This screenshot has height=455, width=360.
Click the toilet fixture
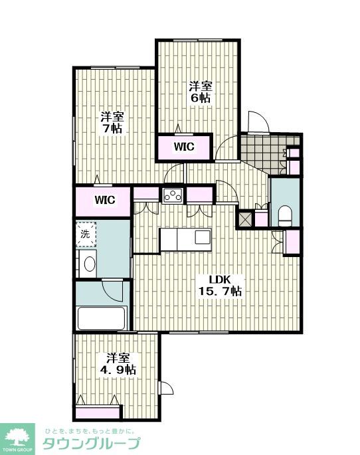(x=284, y=216)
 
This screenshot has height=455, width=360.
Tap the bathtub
(x=101, y=318)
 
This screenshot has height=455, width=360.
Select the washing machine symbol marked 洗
(x=86, y=234)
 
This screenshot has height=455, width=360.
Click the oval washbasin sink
(x=90, y=264)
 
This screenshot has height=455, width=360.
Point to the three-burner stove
(x=173, y=195)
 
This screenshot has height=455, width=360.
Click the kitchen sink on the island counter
(x=203, y=236)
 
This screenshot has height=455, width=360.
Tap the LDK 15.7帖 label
(x=220, y=285)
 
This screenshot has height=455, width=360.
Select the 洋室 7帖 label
(x=112, y=123)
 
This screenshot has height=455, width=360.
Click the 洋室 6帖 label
(x=201, y=92)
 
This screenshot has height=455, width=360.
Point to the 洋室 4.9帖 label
(x=118, y=364)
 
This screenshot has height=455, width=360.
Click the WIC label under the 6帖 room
(x=184, y=147)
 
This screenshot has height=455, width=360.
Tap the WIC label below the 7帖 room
(x=105, y=200)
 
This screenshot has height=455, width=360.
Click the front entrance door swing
(x=258, y=122)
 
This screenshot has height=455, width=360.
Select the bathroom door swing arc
(x=112, y=290)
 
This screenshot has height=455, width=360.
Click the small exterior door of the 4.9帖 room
(x=166, y=388)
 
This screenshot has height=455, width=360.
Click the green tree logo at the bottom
(x=17, y=436)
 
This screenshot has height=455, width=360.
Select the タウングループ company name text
(x=92, y=443)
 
